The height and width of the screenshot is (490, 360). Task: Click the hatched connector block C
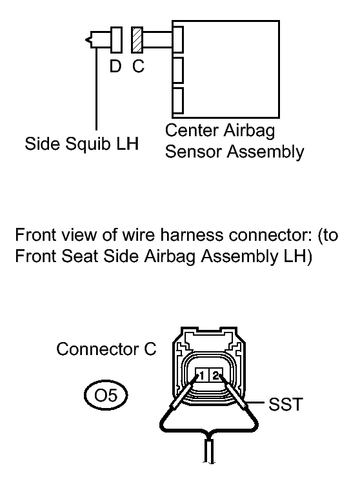137,39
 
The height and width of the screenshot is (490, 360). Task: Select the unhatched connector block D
116,39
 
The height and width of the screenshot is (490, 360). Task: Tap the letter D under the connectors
115,66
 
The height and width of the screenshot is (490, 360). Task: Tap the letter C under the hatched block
138,66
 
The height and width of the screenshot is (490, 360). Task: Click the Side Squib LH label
82,144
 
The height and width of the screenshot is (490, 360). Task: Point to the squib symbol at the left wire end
88,40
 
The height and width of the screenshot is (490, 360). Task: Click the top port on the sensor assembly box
177,39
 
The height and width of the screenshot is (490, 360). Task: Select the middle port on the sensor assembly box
177,70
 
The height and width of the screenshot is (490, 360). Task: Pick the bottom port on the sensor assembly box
177,101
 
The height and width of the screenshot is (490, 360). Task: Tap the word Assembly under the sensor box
265,152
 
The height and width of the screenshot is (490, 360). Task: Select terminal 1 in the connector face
202,375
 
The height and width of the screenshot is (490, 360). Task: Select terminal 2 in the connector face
215,375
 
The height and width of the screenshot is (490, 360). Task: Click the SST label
286,404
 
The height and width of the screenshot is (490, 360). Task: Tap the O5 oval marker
106,396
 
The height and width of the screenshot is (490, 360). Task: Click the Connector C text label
106,349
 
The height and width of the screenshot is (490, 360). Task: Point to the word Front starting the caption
36,235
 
